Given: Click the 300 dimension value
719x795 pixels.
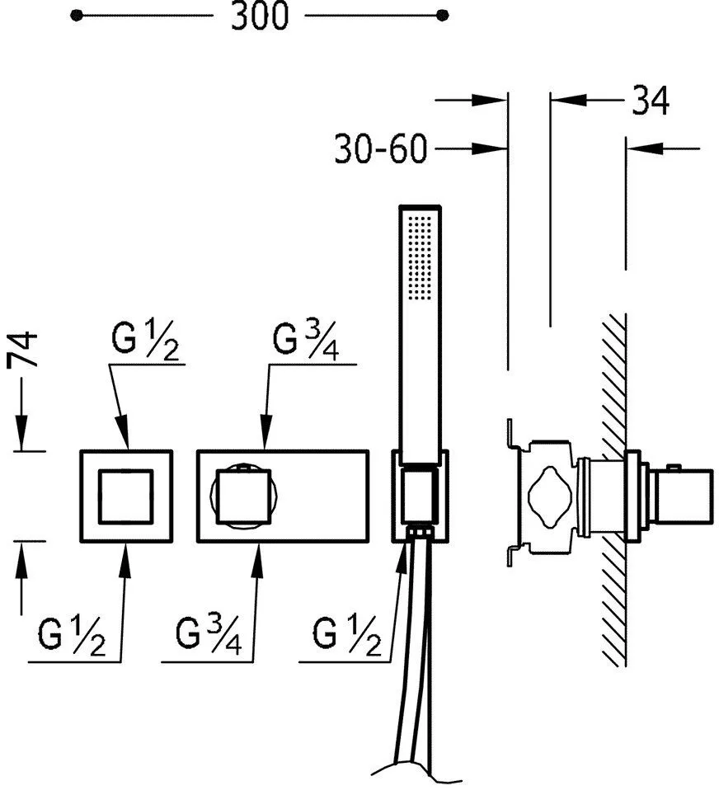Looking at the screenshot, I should pyautogui.click(x=260, y=16).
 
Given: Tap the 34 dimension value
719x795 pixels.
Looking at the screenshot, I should pyautogui.click(x=651, y=101).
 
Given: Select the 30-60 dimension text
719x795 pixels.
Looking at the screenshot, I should pyautogui.click(x=380, y=149).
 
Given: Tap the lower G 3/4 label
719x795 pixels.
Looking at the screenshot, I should pyautogui.click(x=208, y=637).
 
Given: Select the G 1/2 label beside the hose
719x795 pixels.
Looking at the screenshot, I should pyautogui.click(x=347, y=637).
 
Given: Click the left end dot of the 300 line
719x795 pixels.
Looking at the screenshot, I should pyautogui.click(x=77, y=15).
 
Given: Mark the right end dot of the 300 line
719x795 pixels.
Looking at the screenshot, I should pyautogui.click(x=443, y=15).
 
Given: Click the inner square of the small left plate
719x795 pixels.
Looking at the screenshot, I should pyautogui.click(x=125, y=496).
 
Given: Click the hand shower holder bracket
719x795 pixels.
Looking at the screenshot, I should pyautogui.click(x=421, y=495).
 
